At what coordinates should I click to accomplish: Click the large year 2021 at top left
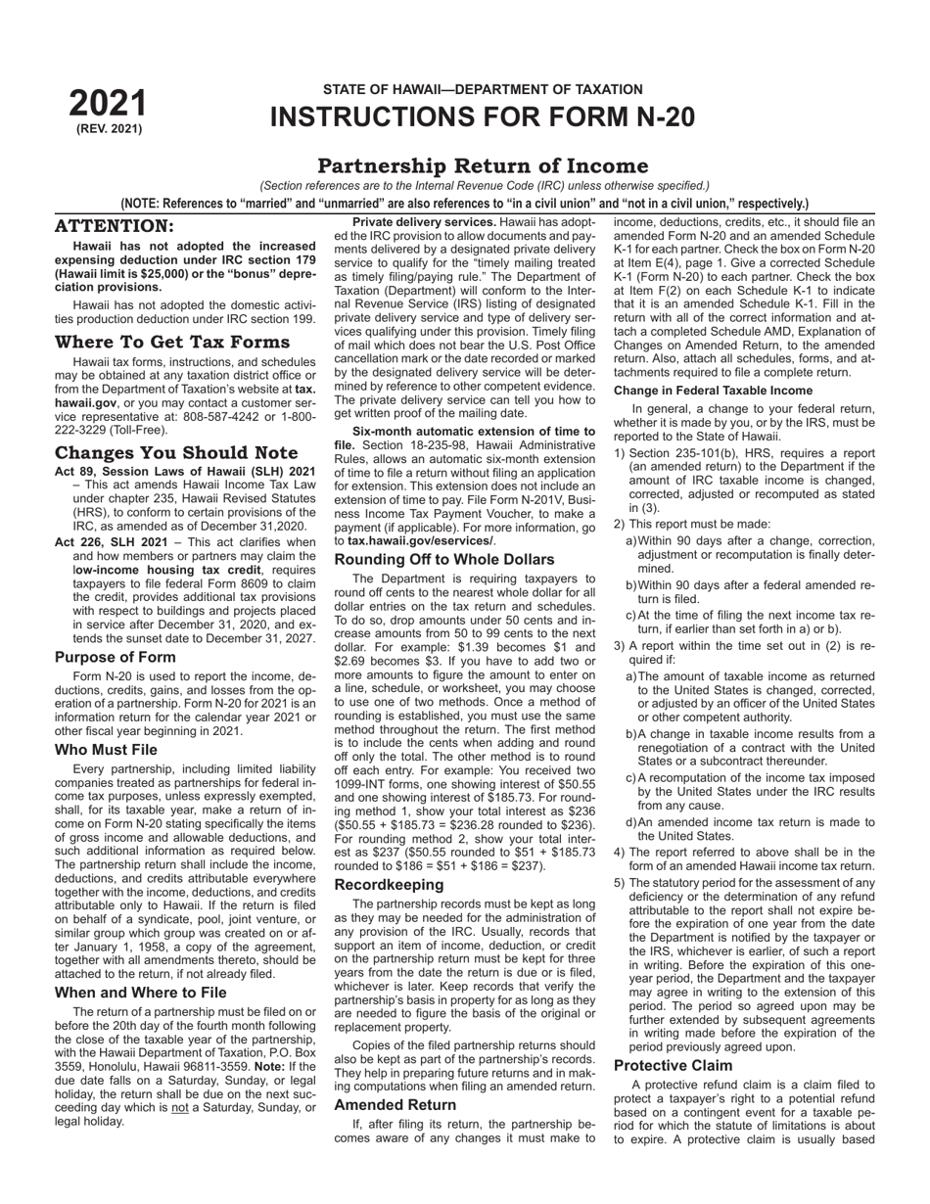(x=108, y=104)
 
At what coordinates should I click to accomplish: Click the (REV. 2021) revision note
(x=109, y=128)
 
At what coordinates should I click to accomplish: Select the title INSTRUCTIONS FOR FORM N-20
(x=483, y=117)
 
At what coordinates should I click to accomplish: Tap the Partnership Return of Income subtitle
(x=483, y=165)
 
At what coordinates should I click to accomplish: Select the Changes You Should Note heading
(x=176, y=452)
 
